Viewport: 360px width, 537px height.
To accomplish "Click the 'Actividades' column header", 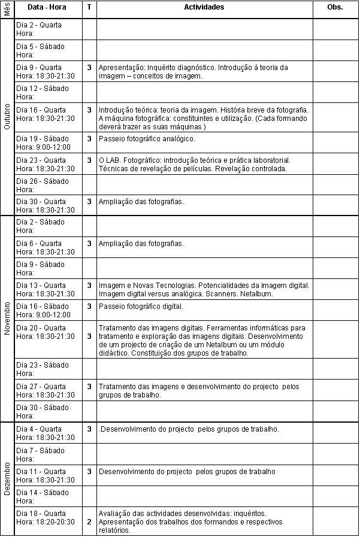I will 204,8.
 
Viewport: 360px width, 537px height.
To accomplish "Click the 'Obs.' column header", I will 335,8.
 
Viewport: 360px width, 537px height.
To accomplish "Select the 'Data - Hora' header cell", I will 47,8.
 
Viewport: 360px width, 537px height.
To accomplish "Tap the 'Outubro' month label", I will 7,117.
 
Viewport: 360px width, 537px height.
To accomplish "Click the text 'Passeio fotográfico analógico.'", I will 147,139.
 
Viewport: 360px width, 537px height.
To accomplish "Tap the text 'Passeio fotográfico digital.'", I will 141,307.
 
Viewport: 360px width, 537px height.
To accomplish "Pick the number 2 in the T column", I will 89,522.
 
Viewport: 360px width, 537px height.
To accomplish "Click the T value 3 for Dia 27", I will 89,387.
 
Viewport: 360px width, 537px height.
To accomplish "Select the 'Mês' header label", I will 7,8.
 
